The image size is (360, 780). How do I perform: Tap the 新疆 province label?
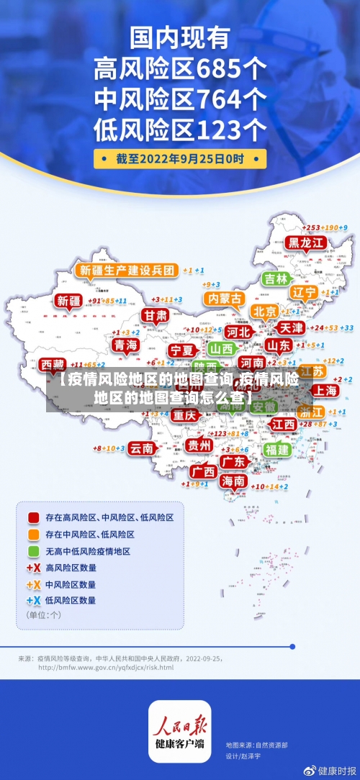pyautogui.click(x=70, y=301)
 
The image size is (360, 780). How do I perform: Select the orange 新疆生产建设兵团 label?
pyautogui.click(x=126, y=271)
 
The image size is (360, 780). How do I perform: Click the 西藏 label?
pyautogui.click(x=52, y=365)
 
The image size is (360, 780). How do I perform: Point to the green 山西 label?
pyautogui.click(x=222, y=348)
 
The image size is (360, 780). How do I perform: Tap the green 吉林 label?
pyautogui.click(x=276, y=278)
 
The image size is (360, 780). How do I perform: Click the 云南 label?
pyautogui.click(x=142, y=448)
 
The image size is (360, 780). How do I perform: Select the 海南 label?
pyautogui.click(x=233, y=481)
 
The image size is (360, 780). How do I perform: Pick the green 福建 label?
pyautogui.click(x=276, y=449)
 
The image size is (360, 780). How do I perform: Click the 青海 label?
pyautogui.click(x=125, y=345)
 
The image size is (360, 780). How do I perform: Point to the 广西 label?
pyautogui.click(x=204, y=471)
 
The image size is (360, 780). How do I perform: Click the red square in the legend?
pyautogui.click(x=33, y=517)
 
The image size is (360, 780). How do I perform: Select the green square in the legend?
pyautogui.click(x=33, y=551)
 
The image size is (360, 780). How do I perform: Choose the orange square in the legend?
pyautogui.click(x=33, y=535)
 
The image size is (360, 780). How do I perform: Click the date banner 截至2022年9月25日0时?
pyautogui.click(x=180, y=159)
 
